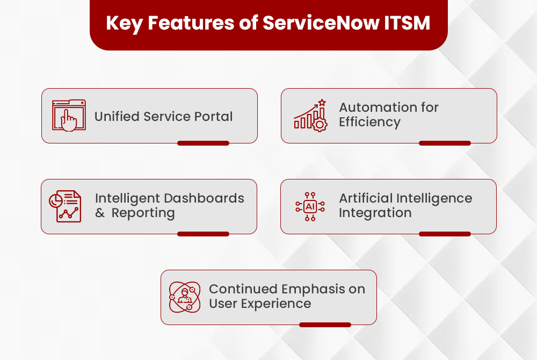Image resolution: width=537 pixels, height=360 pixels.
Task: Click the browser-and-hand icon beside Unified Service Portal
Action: (x=69, y=116)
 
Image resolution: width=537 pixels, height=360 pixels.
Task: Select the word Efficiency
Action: (x=369, y=123)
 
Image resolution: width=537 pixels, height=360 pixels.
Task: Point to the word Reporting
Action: (x=143, y=213)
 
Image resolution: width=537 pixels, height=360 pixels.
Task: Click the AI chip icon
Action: (x=310, y=207)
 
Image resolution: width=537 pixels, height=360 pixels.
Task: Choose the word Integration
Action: (x=375, y=213)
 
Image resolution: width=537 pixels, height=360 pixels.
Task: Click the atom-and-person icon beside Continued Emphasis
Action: (x=185, y=297)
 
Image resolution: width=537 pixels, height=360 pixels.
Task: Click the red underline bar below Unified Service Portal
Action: (x=203, y=143)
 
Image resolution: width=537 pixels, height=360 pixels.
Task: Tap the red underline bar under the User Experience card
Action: (x=325, y=325)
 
